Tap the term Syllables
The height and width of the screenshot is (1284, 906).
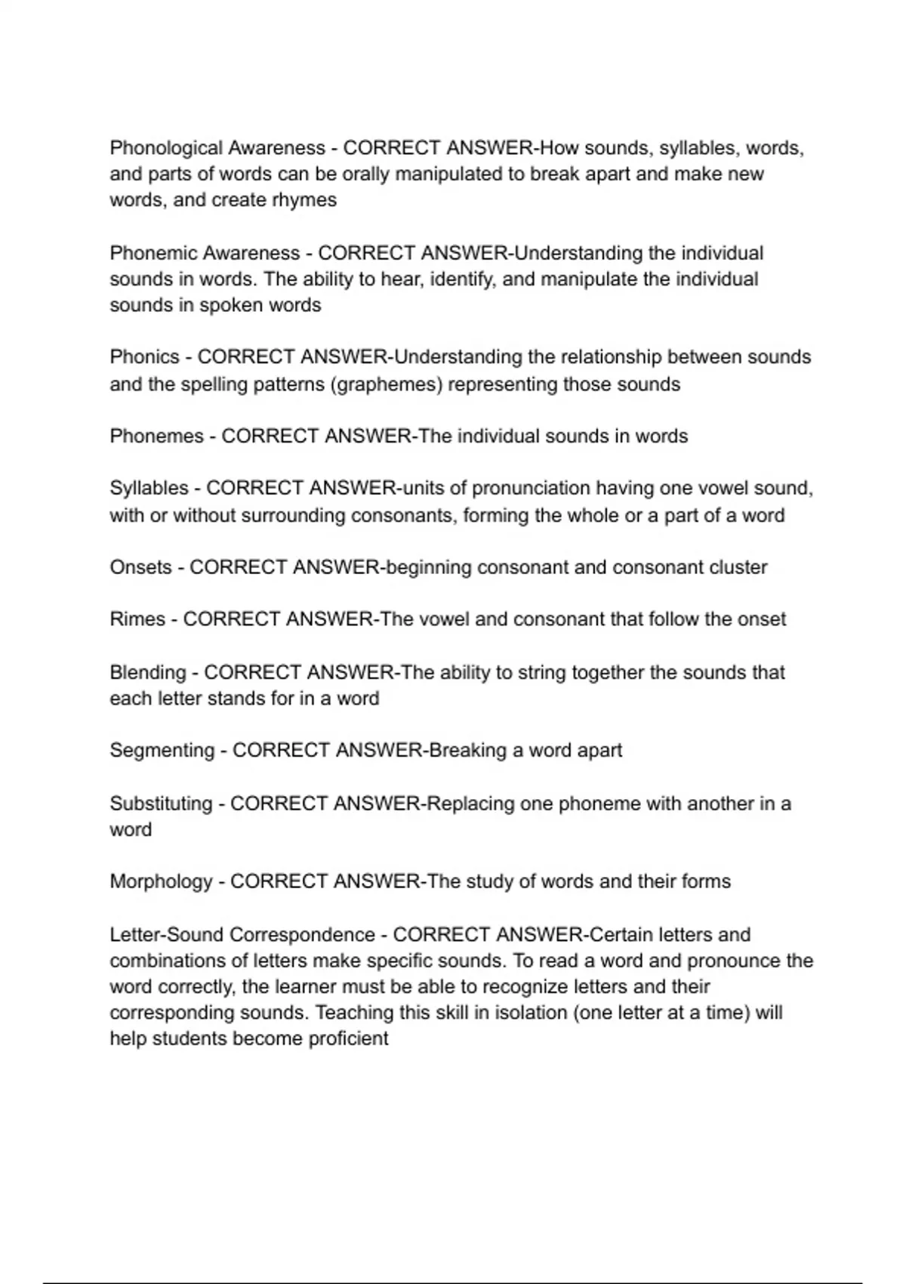[149, 489]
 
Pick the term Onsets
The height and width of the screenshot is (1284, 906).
[140, 567]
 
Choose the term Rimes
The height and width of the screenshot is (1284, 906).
[137, 619]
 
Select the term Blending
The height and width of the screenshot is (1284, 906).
[147, 672]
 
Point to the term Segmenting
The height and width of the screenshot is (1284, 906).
[162, 751]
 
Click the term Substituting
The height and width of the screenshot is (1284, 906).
[161, 804]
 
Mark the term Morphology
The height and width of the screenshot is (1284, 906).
[161, 881]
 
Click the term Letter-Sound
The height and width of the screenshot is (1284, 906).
[166, 935]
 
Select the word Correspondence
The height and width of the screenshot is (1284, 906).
[302, 935]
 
